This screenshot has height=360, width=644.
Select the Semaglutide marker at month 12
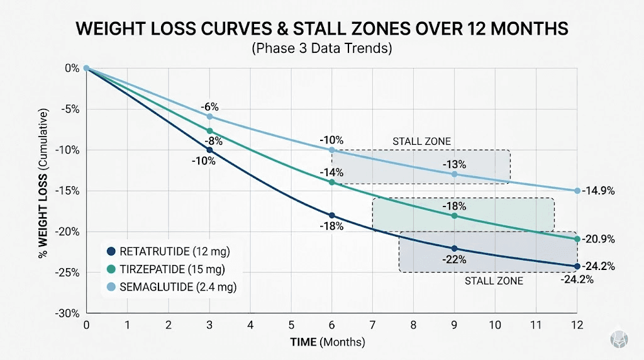click(x=577, y=191)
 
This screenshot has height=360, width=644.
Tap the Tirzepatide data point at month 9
click(x=455, y=216)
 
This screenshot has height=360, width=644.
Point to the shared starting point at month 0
click(x=87, y=69)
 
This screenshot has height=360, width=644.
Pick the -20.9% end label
click(x=598, y=239)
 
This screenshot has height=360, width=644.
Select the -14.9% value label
click(x=598, y=191)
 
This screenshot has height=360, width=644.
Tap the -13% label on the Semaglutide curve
click(x=454, y=165)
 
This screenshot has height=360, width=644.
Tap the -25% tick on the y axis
click(x=69, y=273)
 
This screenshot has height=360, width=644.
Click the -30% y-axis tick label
click(x=69, y=313)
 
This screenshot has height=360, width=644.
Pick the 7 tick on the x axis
click(x=372, y=327)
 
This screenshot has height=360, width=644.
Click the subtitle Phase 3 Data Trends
click(x=321, y=49)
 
